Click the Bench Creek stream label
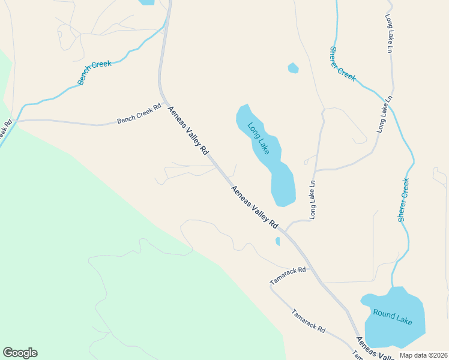pos(95,72)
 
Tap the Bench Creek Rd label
pos(139,113)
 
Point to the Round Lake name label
pos(393,317)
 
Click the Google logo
pos(20,353)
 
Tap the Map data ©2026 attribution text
pos(423,355)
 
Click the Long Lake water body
pos(281,183)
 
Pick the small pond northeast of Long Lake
pos(293,68)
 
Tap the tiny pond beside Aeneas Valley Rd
pos(277,241)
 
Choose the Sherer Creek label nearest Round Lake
pos(404,200)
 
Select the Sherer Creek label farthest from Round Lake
pos(342,64)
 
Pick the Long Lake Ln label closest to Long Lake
pos(313,199)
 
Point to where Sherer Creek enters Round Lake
pos(393,289)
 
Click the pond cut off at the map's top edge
pos(146,2)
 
